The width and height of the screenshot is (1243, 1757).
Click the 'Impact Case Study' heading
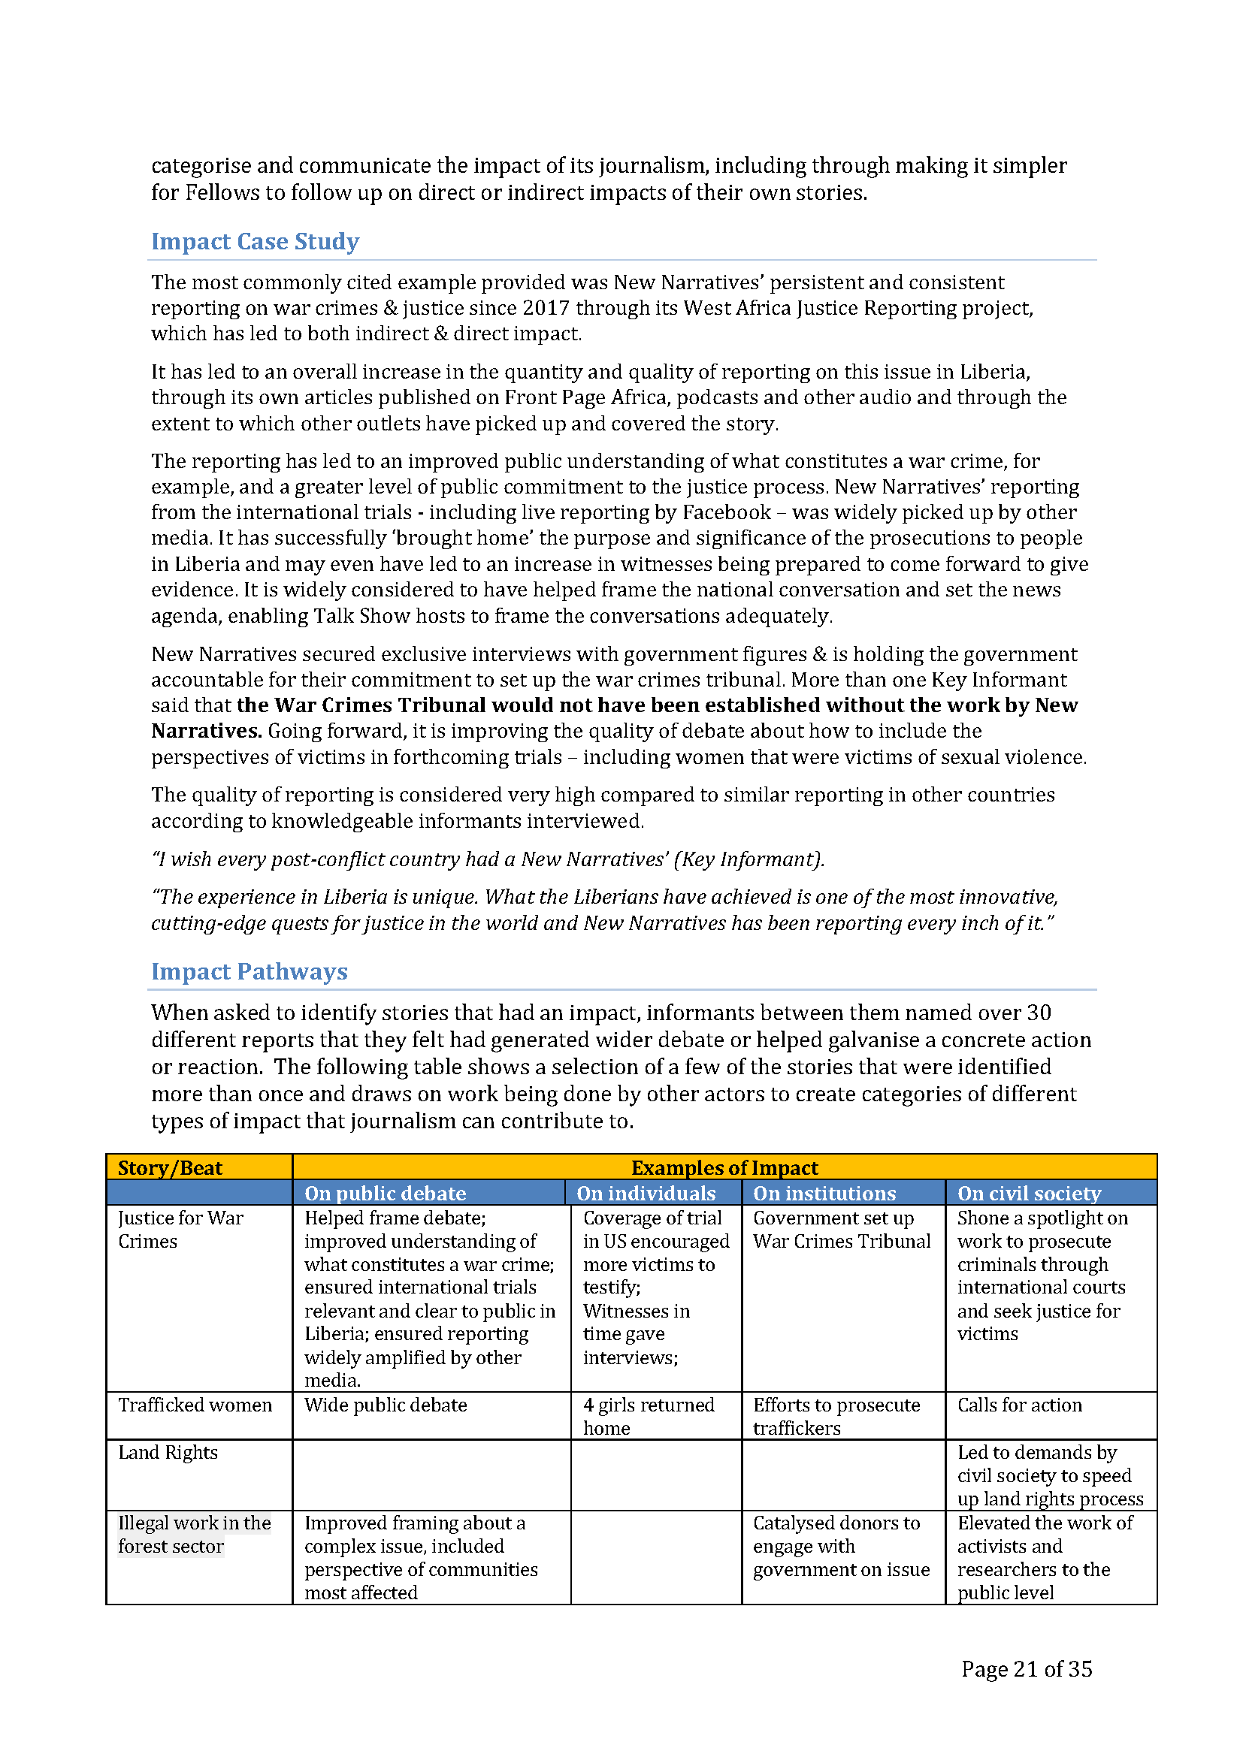[x=255, y=241]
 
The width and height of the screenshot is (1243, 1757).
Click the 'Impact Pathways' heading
[x=250, y=971]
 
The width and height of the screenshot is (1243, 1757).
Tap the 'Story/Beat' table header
[x=170, y=1168]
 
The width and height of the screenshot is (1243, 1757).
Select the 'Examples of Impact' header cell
[x=724, y=1168]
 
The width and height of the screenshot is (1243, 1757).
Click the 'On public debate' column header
[x=385, y=1193]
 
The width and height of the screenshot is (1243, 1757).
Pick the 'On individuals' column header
[x=646, y=1193]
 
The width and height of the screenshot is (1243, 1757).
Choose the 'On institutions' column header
[x=824, y=1193]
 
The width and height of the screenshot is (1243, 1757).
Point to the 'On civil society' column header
[x=1029, y=1193]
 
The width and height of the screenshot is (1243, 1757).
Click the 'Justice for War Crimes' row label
[x=180, y=1229]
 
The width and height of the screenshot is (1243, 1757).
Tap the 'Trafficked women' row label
[x=195, y=1405]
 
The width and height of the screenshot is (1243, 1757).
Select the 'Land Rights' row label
[x=168, y=1453]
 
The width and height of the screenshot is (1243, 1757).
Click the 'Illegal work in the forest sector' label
[x=195, y=1535]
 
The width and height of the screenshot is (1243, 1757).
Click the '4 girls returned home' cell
[x=649, y=1417]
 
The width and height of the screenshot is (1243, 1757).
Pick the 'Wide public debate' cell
[x=386, y=1405]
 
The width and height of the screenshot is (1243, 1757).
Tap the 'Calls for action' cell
[x=1020, y=1405]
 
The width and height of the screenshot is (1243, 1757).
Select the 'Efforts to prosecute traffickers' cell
[x=836, y=1417]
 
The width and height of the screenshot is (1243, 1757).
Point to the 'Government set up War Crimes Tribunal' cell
[x=841, y=1229]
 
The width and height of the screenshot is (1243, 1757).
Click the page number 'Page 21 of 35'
[x=1027, y=1669]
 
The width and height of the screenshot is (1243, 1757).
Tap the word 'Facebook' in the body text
[x=727, y=512]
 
